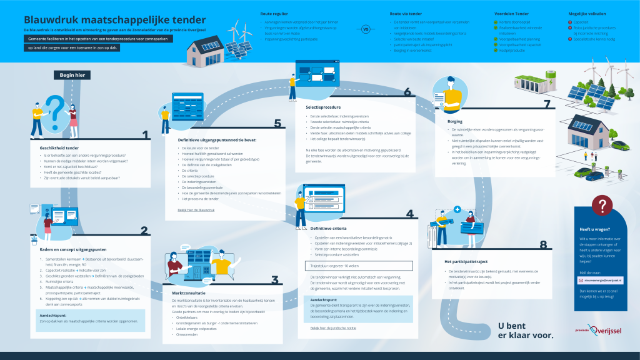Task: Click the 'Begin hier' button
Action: pos(72,75)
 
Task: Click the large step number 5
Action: pos(277,124)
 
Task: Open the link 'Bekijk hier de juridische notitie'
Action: pos(333,327)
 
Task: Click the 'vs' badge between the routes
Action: pos(366,28)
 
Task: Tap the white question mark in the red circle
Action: pos(602,205)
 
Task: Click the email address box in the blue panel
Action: pos(602,281)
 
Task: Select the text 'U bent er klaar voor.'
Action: pos(525,331)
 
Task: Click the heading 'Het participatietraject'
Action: pos(466,261)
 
